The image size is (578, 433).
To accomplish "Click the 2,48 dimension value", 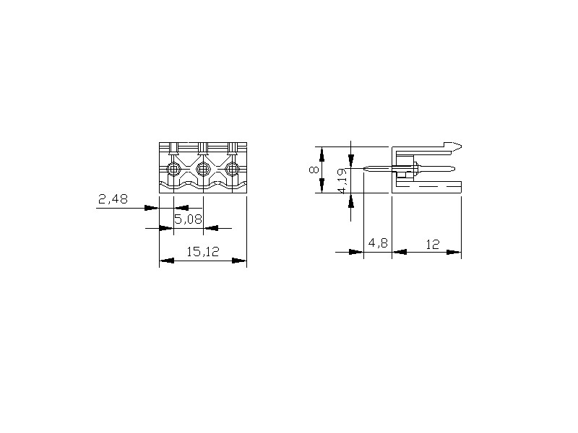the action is click(x=113, y=199).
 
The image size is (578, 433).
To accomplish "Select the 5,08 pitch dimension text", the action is click(x=188, y=219).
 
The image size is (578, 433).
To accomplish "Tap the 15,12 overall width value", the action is click(x=203, y=252).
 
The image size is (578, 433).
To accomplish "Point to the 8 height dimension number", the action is click(x=314, y=170).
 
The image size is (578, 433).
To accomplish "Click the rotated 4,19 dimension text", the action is click(x=342, y=181).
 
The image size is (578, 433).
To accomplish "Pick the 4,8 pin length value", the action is click(x=378, y=243).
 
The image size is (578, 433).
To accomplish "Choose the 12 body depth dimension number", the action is click(x=433, y=244).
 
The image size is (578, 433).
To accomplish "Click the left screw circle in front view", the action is click(x=173, y=169).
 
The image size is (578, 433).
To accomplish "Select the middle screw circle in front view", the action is click(x=203, y=169).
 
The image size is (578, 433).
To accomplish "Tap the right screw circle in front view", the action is click(x=232, y=169).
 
